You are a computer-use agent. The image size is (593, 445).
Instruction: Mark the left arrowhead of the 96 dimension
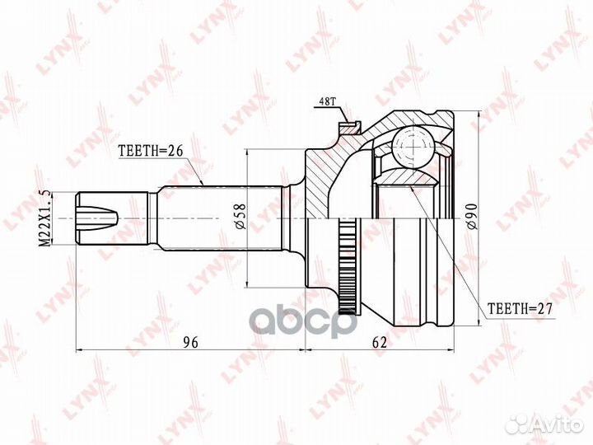pyautogui.click(x=79, y=349)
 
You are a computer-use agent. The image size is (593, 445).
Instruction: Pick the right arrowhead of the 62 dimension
pyautogui.click(x=453, y=349)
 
